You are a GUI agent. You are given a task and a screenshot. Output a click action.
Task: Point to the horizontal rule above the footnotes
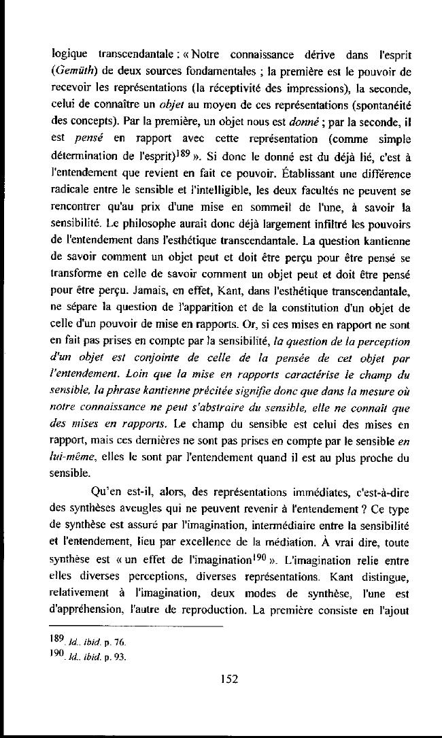[x=137, y=626]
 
